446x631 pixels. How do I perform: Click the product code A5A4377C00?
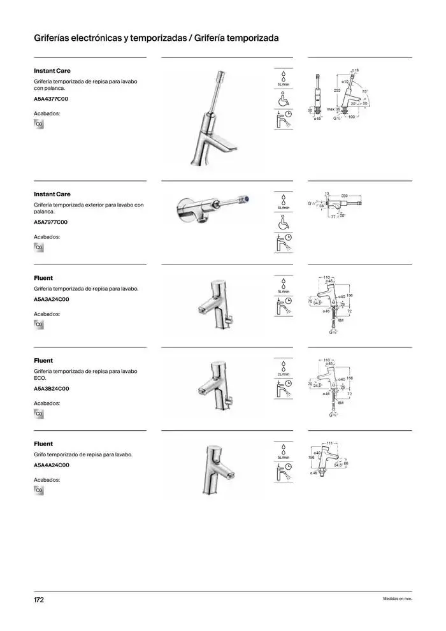[51, 99]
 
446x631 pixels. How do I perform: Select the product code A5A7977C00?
[50, 222]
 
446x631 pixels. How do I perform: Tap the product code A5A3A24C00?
[51, 300]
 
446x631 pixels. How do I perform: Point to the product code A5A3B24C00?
[51, 389]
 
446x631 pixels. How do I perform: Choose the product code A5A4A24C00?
[51, 465]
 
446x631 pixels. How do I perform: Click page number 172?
[39, 600]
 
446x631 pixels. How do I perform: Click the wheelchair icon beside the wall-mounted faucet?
[284, 223]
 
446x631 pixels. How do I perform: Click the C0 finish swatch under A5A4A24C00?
[38, 491]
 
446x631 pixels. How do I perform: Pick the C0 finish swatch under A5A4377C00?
[38, 124]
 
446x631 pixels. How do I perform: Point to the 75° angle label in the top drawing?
[365, 92]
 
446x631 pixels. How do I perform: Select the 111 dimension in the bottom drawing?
[329, 443]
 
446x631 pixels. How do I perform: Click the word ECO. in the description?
[40, 378]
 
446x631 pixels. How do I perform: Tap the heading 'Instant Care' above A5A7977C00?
[52, 194]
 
